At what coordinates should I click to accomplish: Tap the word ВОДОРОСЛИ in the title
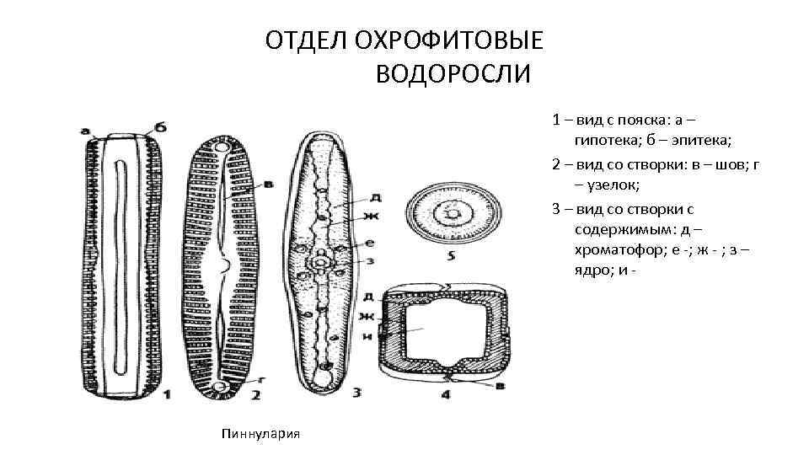[453, 75]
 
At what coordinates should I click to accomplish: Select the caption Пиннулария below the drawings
[264, 433]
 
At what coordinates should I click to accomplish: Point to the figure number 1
[167, 393]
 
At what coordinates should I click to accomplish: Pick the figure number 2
[254, 393]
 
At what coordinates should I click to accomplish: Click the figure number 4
[446, 393]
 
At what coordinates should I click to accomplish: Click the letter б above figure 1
[160, 127]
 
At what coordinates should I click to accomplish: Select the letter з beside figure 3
[371, 260]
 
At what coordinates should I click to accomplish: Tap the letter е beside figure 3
[371, 243]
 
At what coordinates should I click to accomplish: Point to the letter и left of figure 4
[367, 336]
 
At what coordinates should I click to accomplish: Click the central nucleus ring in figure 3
[322, 265]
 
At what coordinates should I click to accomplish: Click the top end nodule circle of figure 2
[223, 149]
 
